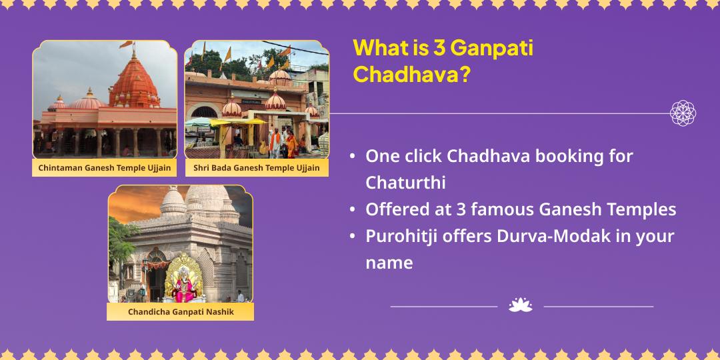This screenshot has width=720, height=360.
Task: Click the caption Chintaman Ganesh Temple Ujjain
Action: click(105, 167)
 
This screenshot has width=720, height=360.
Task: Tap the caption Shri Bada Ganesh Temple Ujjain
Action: click(257, 167)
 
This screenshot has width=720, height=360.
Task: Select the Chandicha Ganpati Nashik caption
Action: click(181, 311)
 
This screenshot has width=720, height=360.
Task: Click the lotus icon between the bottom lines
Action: click(521, 305)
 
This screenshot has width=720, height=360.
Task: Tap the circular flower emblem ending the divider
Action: click(683, 113)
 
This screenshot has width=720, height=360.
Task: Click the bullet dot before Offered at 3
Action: click(352, 210)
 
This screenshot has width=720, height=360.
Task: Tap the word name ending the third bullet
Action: click(389, 263)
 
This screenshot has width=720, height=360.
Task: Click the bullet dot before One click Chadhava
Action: click(352, 157)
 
